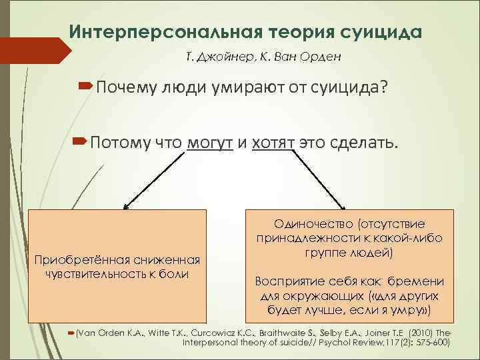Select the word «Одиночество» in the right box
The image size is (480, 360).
tap(305, 225)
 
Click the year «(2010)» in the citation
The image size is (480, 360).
tap(424, 331)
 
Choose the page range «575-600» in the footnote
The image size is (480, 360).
tap(431, 342)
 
